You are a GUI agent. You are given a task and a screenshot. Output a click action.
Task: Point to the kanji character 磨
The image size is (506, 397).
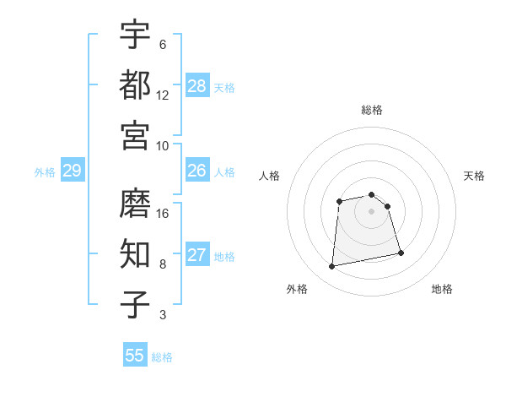point(136,203)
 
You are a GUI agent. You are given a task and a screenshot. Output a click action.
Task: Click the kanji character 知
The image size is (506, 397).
point(136,253)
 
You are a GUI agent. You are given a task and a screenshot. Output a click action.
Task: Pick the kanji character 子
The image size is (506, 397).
point(136,304)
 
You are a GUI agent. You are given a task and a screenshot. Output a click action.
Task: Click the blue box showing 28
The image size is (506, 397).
point(197,85)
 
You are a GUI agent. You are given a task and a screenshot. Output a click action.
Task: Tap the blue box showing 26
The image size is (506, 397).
point(197,171)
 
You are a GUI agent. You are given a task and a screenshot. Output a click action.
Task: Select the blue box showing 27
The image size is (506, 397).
point(197,255)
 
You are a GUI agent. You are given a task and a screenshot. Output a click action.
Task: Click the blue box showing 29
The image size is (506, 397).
point(73,171)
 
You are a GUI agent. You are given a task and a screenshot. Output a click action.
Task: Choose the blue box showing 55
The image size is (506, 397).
point(135,356)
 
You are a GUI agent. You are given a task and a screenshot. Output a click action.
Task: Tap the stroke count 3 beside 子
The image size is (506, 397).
point(163,315)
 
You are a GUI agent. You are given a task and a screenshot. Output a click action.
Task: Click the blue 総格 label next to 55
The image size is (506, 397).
point(162,357)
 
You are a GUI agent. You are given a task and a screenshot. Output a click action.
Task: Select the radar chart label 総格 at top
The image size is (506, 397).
point(372,110)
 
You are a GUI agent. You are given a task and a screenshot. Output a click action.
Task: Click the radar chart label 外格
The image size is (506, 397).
point(297,289)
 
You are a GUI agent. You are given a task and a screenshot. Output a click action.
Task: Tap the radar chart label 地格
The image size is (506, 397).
point(442,289)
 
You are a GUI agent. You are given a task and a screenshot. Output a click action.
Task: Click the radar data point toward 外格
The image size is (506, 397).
point(332,267)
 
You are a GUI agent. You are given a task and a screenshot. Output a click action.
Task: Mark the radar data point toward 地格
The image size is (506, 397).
point(401,253)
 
